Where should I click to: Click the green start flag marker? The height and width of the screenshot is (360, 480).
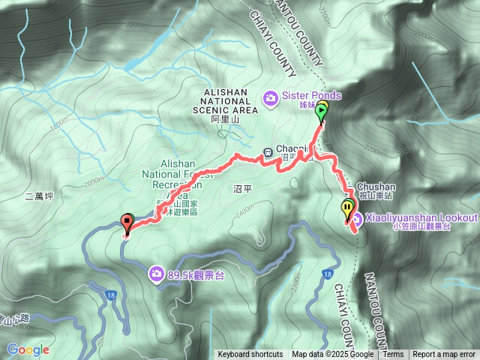pyautogui.click(x=322, y=112)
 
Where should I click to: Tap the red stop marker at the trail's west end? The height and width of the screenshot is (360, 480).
pyautogui.click(x=126, y=223)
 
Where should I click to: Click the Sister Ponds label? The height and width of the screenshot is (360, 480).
pyautogui.click(x=311, y=96)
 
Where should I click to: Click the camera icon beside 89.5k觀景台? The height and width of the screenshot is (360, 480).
pyautogui.click(x=157, y=273)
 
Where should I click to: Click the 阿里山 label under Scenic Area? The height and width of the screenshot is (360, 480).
pyautogui.click(x=224, y=119)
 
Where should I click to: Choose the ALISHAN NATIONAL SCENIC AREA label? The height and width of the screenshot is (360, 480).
pyautogui.click(x=226, y=100)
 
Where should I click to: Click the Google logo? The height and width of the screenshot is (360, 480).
pyautogui.click(x=28, y=349)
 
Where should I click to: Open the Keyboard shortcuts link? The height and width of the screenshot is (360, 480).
pyautogui.click(x=250, y=355)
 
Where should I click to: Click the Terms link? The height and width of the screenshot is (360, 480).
pyautogui.click(x=393, y=355)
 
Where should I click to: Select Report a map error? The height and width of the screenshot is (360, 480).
pyautogui.click(x=444, y=355)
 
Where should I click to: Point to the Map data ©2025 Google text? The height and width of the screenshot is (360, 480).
pyautogui.click(x=332, y=355)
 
